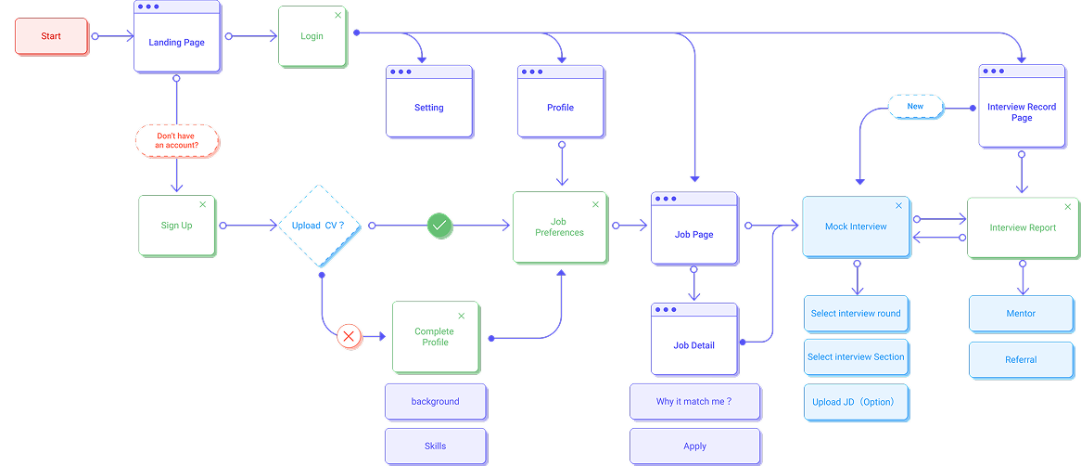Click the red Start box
coord(51,36)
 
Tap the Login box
coord(312,36)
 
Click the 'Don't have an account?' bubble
coord(177,141)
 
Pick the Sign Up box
coord(176,226)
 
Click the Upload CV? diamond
coord(318,226)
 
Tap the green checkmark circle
coord(439,226)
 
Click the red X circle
coord(350,336)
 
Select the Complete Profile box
coord(435,337)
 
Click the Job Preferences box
coord(559,227)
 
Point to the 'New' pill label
coord(915,107)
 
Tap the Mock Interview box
coord(856,227)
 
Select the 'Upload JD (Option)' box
coord(856,402)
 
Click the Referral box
coord(1021,359)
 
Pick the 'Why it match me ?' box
coord(694,402)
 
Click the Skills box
coord(435,446)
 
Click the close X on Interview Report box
coord(1067,207)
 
